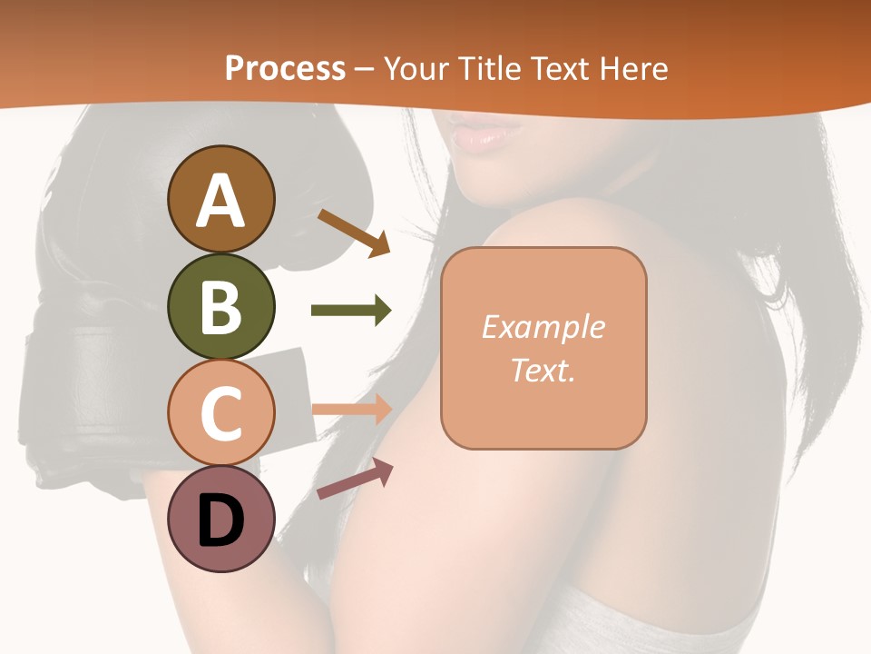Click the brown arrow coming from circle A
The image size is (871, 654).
pos(354,232)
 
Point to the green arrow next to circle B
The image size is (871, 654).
pos(351,310)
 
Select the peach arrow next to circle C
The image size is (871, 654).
pos(352,409)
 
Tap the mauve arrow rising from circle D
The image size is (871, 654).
pos(355,479)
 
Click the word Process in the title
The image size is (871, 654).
pos(285,69)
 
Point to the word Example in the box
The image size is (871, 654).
pos(543,327)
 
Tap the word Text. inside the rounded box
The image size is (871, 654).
pos(543,370)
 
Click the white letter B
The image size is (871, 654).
pos(220,307)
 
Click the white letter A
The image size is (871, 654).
pos(220,201)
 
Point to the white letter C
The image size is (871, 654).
pos(220,414)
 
